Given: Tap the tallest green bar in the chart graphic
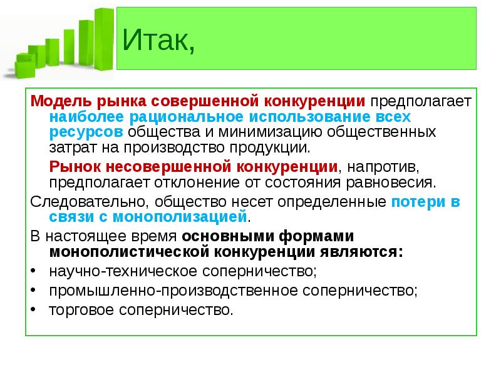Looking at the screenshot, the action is (104, 39).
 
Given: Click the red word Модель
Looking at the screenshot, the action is (61, 101).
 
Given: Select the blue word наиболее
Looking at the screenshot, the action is (86, 117).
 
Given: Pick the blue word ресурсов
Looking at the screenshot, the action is (86, 132).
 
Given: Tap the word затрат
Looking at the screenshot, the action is (73, 147).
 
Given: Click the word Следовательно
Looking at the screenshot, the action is (90, 202).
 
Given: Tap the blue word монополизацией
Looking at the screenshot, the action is (180, 217).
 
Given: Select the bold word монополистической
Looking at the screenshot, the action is (129, 252).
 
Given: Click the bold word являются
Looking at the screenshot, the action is (361, 252).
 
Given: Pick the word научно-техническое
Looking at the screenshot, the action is (123, 271).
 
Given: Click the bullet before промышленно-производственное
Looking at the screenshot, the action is (33, 291).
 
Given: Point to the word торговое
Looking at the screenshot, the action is (81, 310).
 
